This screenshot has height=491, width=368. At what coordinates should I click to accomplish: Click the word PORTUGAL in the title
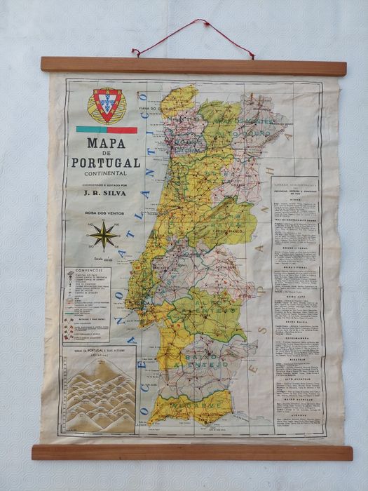104,161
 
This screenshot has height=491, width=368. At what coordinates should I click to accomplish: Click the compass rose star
103,235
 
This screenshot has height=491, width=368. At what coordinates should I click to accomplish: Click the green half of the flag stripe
86,130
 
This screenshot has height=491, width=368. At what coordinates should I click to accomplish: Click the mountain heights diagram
99,390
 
